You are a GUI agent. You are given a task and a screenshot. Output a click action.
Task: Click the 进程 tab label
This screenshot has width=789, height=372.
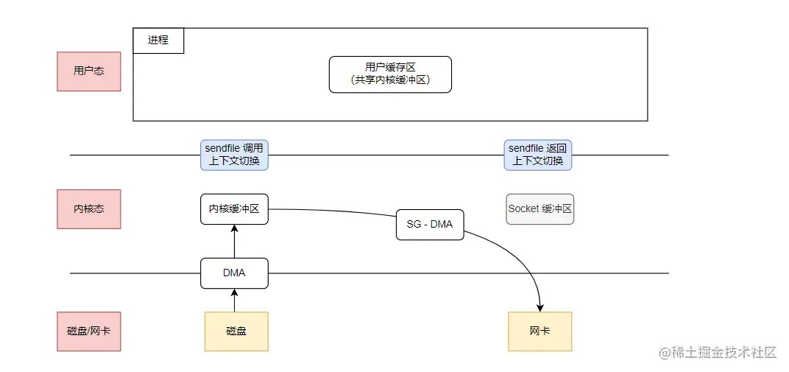coord(158,41)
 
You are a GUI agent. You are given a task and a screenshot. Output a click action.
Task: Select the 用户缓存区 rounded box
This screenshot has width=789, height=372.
coord(390,74)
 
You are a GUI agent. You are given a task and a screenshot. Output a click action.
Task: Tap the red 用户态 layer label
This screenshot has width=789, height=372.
coord(88,71)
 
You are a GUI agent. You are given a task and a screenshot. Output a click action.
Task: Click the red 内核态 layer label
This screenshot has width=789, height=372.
coord(88,208)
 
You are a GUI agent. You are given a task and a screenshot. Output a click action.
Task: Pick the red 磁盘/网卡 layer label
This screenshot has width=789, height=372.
coord(88,331)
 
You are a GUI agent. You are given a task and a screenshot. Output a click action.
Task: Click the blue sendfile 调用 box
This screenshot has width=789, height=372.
coord(234,155)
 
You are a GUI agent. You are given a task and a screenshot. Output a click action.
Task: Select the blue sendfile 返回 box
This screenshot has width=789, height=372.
coord(538,155)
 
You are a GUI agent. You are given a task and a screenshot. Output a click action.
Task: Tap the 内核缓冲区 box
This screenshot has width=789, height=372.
coord(234,208)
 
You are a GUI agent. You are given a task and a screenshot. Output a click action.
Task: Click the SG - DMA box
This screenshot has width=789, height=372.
coord(430,224)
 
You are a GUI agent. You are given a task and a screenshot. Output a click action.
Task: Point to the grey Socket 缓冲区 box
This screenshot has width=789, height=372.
coord(540,209)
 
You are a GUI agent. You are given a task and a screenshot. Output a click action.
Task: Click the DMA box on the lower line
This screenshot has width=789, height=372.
coord(234,273)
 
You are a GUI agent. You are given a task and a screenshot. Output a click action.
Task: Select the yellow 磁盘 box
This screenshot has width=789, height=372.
coord(236,331)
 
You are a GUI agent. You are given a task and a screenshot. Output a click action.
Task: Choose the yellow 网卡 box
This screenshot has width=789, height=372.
coord(539,331)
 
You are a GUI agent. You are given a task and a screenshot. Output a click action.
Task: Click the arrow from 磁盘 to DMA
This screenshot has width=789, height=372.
coord(234,301)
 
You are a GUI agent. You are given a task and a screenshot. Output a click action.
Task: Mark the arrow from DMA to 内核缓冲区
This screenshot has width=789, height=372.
coord(234,242)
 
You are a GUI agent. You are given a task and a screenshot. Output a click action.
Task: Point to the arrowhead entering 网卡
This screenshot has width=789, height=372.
coord(540,306)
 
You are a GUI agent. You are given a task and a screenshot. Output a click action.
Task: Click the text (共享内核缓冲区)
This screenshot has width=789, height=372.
coord(390,81)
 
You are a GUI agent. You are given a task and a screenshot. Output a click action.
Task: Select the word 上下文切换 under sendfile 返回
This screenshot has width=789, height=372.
coord(538,161)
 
